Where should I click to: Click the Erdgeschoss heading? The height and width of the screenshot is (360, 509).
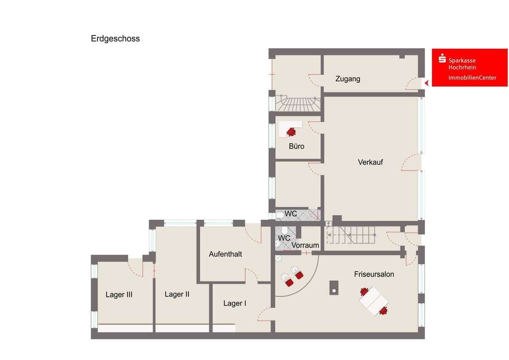[x=115, y=39]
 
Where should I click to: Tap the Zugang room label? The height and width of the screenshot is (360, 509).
[x=347, y=79]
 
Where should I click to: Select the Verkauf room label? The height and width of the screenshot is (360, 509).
[x=370, y=162]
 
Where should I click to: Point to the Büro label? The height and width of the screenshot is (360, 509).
[x=296, y=146]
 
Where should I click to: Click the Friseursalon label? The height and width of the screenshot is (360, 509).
[x=374, y=274]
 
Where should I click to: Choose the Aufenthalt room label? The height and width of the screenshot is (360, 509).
[x=225, y=254]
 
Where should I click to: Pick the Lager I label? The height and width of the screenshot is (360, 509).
[x=235, y=303]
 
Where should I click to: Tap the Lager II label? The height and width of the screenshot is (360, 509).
[x=177, y=294]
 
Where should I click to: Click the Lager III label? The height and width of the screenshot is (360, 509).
[x=119, y=295]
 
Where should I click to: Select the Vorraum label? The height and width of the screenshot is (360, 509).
[x=305, y=246]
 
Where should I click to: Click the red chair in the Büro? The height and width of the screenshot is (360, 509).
[x=291, y=132]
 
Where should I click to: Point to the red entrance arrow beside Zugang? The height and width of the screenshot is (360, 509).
[x=426, y=83]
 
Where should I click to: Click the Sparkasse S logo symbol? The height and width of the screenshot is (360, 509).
[x=442, y=59]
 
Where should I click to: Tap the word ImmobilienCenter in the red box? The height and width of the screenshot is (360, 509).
[x=472, y=78]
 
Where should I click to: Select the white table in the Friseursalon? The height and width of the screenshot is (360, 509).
[x=373, y=301]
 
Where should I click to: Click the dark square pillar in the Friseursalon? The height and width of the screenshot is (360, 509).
[x=334, y=288]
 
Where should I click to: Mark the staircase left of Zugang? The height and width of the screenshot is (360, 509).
[x=298, y=103]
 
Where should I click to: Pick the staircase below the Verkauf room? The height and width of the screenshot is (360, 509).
[x=350, y=235]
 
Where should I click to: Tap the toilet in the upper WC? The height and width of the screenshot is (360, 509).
[x=279, y=215]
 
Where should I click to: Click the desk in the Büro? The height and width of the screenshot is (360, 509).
[x=290, y=129]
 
